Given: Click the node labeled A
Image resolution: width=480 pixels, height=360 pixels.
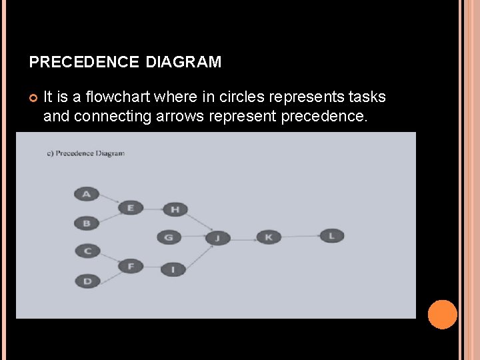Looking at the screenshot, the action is coord(86,194).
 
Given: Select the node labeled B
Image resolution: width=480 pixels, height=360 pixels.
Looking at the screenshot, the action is coord(87,223).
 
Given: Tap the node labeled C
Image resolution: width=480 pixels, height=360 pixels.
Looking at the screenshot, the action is coord(87,251).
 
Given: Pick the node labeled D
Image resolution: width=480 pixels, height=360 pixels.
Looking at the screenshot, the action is coord(87,281).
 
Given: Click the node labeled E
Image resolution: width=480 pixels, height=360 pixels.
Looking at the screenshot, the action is coord(131,208).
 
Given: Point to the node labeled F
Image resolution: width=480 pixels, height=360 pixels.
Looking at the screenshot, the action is coord(131,267).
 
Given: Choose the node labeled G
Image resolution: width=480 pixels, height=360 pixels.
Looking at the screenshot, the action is coord(169,237).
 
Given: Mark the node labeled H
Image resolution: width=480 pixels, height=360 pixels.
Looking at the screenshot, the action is coord(175,209).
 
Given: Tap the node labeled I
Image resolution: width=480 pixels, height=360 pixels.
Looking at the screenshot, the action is coord(173,269).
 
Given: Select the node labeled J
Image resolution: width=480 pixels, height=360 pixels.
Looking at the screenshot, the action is coord(217,237).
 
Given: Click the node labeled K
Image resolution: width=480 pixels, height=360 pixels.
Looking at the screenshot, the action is coord(269,237).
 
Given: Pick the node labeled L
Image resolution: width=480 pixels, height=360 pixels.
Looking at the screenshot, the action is coord(331,235).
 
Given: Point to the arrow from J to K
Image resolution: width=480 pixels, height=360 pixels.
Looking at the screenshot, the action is coord(243,237).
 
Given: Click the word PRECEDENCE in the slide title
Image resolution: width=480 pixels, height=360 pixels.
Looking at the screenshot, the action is coord(84,63).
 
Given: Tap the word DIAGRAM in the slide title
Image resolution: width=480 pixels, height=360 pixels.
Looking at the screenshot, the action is coord(183,63).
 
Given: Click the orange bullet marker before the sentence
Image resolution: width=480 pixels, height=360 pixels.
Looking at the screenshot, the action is coord(33,98).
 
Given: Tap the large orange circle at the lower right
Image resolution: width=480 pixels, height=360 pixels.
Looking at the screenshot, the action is coord(442,315).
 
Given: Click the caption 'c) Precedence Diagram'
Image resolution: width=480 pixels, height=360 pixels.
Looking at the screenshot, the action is coord(85,153).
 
